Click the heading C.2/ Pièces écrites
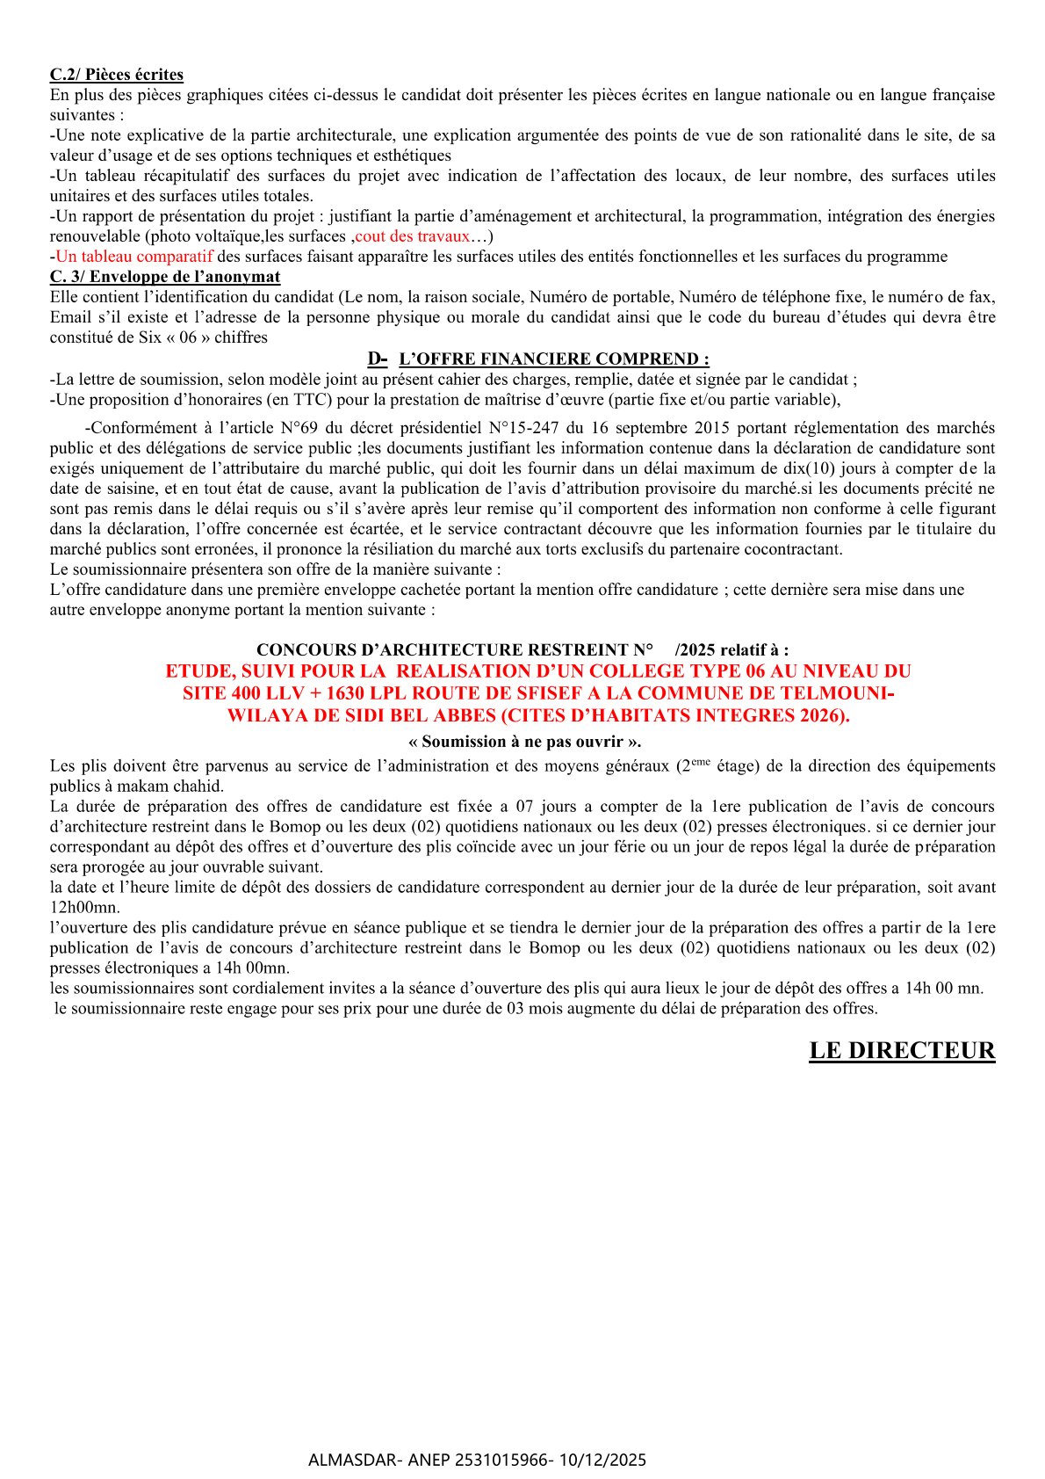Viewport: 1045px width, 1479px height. [x=116, y=75]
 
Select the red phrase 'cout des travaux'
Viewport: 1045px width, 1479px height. [x=413, y=236]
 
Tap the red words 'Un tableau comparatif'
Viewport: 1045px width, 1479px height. [x=134, y=257]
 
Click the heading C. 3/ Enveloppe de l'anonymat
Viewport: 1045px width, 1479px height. [x=165, y=277]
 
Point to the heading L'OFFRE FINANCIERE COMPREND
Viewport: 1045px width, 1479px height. [x=553, y=359]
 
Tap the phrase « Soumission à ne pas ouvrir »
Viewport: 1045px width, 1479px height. [x=525, y=742]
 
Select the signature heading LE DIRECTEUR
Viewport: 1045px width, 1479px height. [x=902, y=1051]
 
